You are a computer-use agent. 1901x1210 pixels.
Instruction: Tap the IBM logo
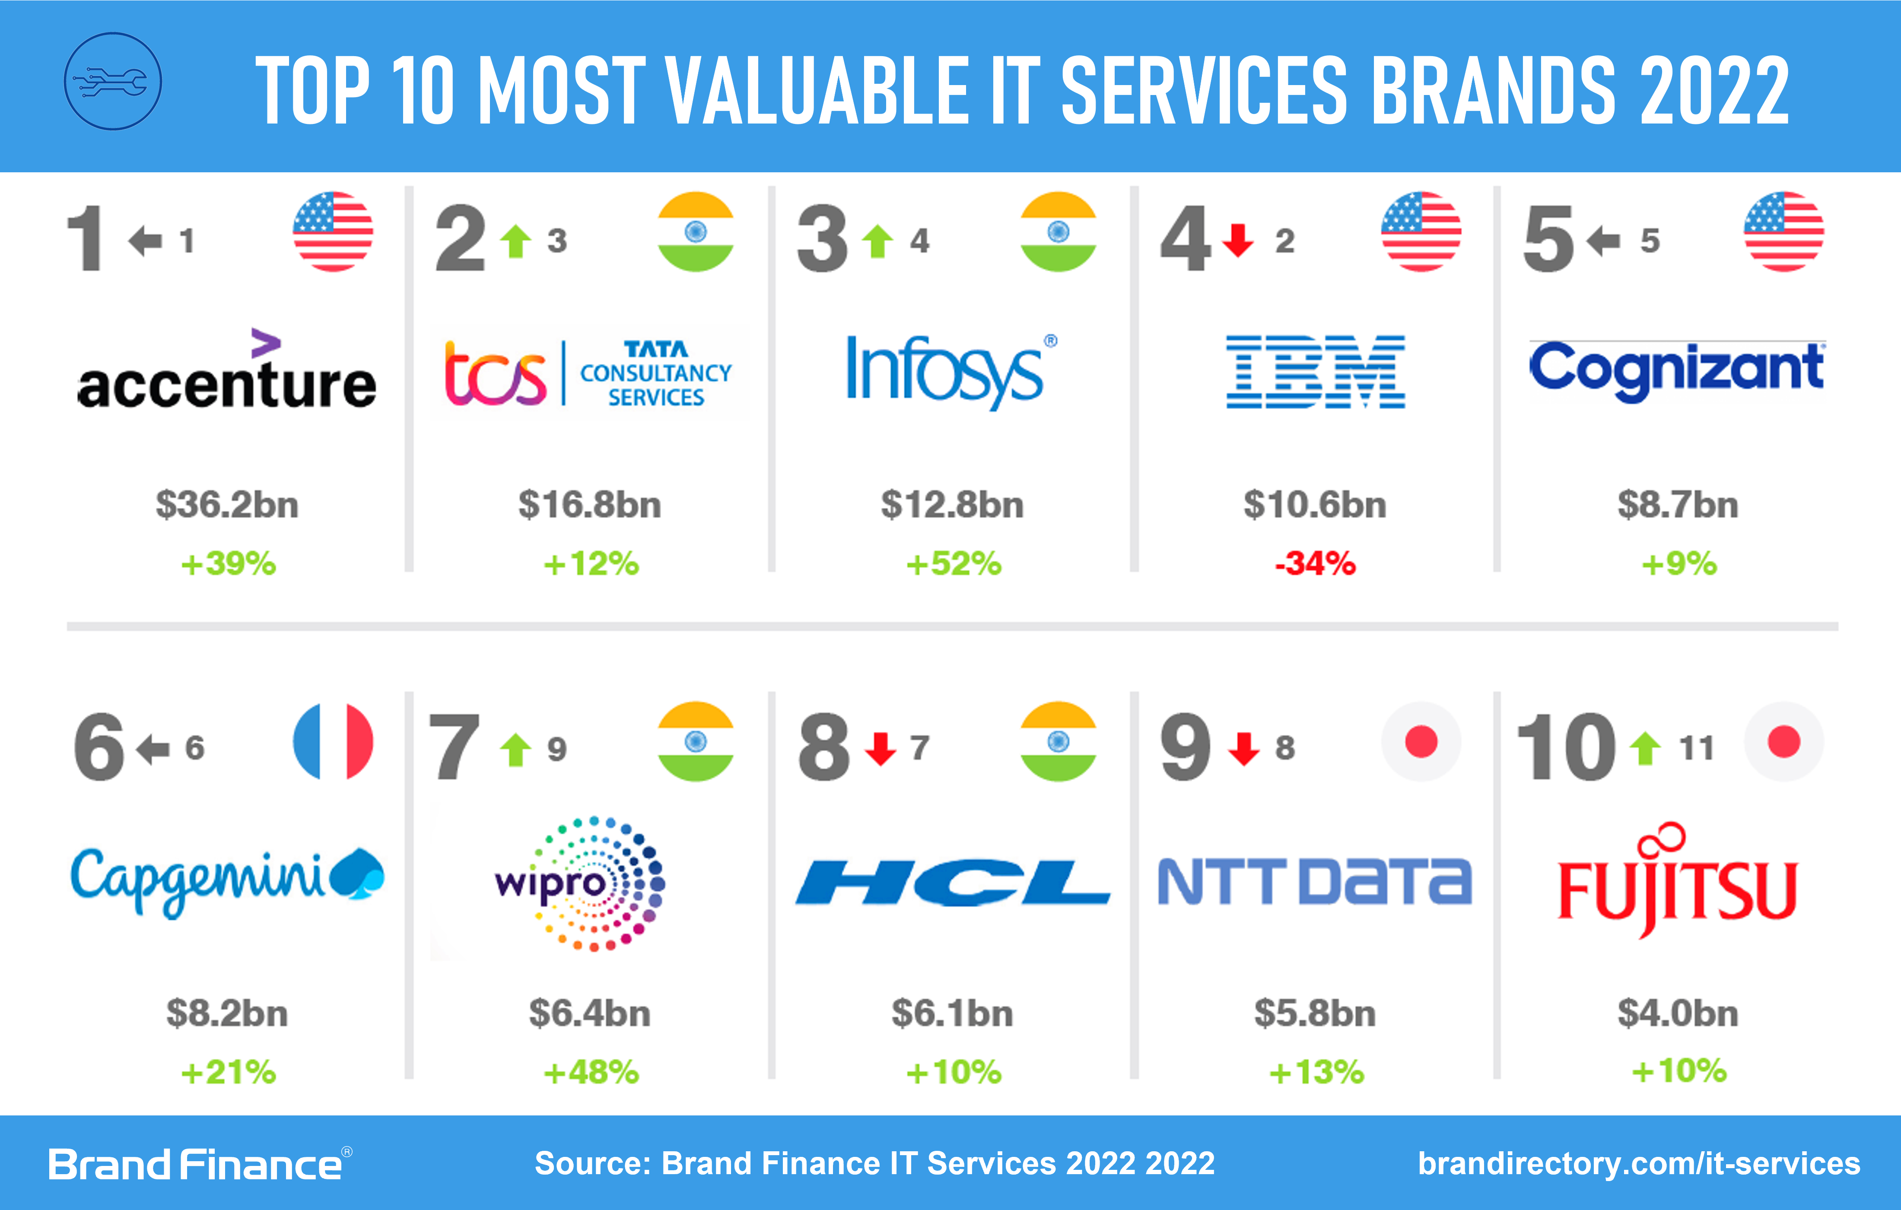coord(1315,371)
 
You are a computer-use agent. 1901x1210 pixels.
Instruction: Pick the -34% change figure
coord(1315,564)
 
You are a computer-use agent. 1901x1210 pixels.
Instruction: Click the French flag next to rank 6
coord(332,741)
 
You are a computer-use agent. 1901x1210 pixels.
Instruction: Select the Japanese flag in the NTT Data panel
coord(1421,741)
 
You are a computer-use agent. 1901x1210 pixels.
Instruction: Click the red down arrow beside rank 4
coord(1238,240)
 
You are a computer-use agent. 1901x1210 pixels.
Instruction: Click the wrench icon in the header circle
coord(113,81)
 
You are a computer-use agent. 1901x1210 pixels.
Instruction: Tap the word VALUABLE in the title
coord(817,91)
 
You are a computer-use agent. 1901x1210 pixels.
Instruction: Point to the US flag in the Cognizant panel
coord(1783,231)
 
